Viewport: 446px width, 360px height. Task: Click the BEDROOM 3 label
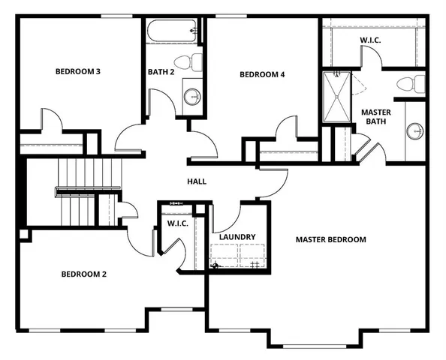pos(78,72)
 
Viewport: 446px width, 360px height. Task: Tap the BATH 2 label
pos(161,72)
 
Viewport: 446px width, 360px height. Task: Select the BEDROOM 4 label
pos(262,74)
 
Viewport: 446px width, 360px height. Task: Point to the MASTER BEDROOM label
pos(330,240)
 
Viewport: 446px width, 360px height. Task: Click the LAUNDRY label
pos(237,237)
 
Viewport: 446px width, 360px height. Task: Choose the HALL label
pos(197,181)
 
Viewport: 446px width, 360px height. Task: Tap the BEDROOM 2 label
pos(83,274)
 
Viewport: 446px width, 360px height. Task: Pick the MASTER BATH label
pos(375,117)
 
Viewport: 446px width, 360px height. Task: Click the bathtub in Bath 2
pos(172,31)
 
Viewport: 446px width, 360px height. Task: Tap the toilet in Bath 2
pos(185,61)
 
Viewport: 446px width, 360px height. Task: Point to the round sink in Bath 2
pos(192,95)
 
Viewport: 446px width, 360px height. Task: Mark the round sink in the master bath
pos(415,131)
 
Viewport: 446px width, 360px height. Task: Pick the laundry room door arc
pos(223,217)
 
